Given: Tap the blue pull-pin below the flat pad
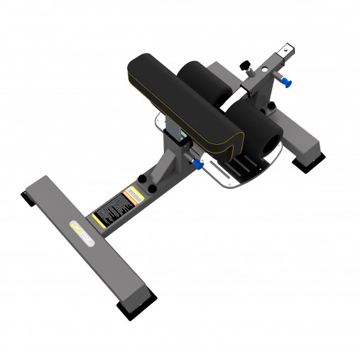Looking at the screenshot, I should (197, 165).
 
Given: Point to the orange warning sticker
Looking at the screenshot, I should (131, 194).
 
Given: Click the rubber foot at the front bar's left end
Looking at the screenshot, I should (28, 199).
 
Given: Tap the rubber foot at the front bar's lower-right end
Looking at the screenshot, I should (132, 310).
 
